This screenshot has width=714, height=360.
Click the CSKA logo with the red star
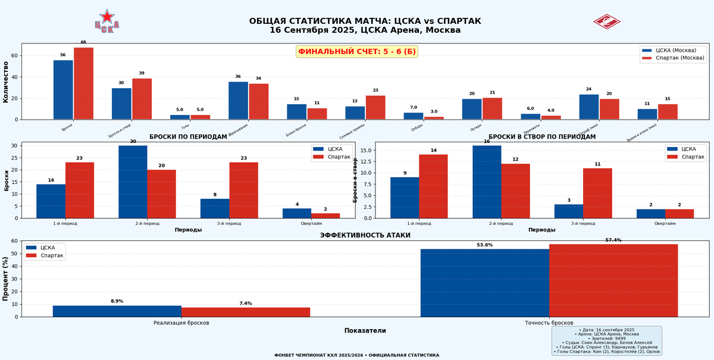pos(107,21)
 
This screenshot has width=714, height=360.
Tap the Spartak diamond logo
pos(606,21)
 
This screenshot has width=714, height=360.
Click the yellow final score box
pos(357,52)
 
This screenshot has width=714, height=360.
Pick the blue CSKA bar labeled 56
pos(63,90)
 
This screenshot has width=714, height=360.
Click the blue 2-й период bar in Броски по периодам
pos(133,181)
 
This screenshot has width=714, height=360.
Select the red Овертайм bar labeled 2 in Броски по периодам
pos(325,215)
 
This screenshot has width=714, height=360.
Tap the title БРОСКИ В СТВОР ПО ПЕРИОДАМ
pos(546,137)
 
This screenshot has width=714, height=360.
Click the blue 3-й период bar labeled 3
pos(569,211)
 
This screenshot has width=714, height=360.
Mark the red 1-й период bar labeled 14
pos(433,186)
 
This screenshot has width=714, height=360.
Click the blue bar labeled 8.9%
pos(117,311)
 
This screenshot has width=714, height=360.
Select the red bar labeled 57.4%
pos(613,280)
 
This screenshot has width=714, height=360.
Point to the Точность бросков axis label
pos(549,323)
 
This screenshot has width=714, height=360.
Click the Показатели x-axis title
pos(365,331)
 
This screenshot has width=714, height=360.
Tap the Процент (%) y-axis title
pos(6,278)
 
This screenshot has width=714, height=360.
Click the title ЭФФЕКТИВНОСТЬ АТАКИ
pos(365,236)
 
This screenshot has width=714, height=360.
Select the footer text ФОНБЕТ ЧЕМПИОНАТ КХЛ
pos(356,355)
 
